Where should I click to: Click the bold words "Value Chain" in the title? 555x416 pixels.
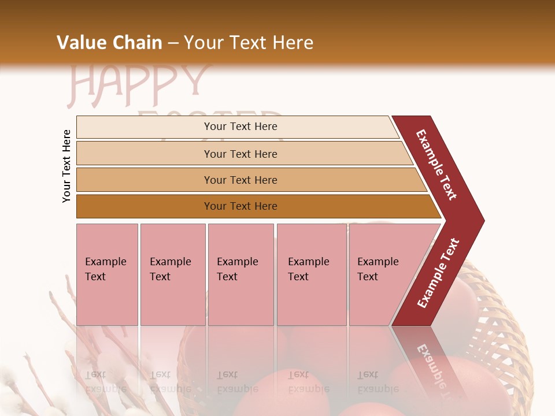click(x=109, y=43)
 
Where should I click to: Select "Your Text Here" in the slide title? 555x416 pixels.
click(x=249, y=43)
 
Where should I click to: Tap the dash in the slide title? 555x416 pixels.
click(x=173, y=43)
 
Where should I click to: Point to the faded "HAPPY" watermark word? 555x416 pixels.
click(x=139, y=84)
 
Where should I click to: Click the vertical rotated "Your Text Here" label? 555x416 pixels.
click(x=66, y=166)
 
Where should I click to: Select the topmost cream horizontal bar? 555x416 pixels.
click(x=237, y=127)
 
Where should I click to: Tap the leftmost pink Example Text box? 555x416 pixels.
click(x=107, y=274)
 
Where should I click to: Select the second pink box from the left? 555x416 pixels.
click(x=172, y=274)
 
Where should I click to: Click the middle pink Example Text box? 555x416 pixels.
click(x=240, y=274)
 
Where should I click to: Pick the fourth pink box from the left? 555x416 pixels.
click(x=311, y=274)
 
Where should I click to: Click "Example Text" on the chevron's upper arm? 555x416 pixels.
click(x=436, y=165)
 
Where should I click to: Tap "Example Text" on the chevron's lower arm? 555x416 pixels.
click(x=438, y=273)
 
